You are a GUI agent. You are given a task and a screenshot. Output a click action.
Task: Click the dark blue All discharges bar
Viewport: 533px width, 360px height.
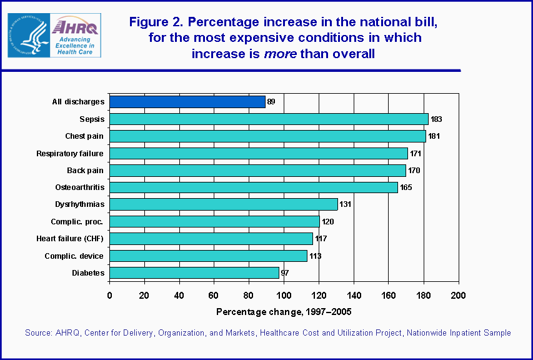click(187, 102)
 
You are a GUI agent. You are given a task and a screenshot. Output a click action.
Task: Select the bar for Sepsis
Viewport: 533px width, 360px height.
click(269, 119)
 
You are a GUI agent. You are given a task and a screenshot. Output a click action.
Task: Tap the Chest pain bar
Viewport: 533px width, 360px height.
click(267, 136)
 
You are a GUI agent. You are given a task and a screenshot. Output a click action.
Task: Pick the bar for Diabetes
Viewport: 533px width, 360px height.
click(194, 272)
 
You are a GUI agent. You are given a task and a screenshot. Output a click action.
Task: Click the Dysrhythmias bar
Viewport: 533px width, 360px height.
click(224, 204)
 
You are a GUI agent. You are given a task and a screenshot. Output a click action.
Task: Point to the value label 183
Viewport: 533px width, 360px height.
click(437, 119)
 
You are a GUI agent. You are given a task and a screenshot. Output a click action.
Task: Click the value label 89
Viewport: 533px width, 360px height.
click(272, 102)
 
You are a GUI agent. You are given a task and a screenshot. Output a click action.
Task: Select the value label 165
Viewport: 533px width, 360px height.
click(406, 187)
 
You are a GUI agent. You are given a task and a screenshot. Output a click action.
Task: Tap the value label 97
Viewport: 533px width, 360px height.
click(286, 273)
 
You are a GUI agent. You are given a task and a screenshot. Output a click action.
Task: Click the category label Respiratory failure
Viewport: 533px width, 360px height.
click(70, 153)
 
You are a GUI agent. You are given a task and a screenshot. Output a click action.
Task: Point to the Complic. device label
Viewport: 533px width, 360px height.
click(74, 256)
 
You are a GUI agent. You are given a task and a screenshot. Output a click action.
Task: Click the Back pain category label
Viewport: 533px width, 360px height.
click(86, 170)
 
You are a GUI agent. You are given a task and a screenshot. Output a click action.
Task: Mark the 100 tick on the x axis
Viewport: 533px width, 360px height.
click(284, 296)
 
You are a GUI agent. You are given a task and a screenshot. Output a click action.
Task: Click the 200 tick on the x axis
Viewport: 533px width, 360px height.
click(459, 296)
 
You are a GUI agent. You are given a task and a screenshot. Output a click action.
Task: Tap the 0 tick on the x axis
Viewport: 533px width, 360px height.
click(110, 296)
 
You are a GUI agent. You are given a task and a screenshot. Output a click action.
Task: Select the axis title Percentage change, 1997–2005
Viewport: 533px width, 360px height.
click(284, 312)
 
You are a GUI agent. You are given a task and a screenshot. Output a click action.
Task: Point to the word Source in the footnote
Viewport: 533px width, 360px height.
click(37, 333)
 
